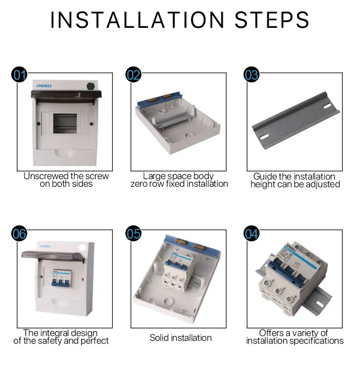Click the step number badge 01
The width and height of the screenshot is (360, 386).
19,74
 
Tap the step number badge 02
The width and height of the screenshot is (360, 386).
133,74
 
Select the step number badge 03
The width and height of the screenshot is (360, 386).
251,74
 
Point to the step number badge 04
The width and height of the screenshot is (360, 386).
251,233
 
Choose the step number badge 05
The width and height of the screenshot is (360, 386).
133,233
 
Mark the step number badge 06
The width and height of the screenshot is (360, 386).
19,233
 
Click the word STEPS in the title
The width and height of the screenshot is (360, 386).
272,20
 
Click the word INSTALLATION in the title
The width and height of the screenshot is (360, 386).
137,20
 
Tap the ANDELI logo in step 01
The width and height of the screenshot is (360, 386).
44,85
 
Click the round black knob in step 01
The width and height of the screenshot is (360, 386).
91,86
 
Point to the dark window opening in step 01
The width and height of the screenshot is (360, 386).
65,123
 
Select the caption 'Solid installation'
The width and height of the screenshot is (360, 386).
180,338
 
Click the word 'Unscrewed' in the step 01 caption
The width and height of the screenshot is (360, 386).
46,176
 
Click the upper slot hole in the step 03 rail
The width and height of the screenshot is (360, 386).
327,106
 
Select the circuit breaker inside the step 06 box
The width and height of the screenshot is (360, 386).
61,277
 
